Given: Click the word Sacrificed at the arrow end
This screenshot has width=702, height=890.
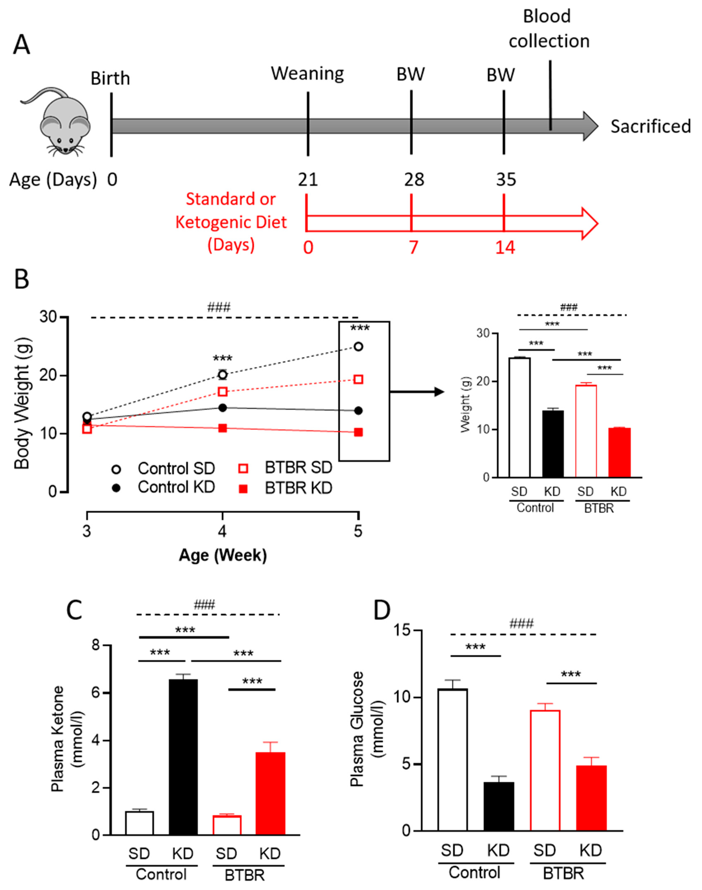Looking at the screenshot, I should [x=650, y=127].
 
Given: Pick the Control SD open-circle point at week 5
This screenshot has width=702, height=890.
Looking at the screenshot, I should [x=358, y=346].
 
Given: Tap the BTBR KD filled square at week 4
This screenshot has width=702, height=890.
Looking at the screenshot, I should [x=222, y=428].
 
